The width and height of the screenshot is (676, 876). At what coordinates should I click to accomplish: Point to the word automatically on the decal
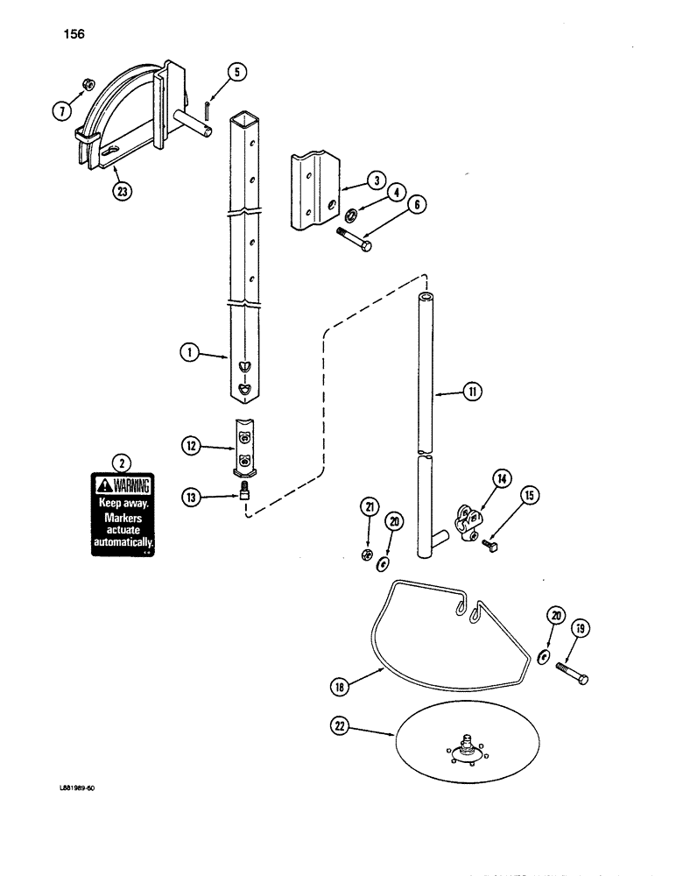coord(123,543)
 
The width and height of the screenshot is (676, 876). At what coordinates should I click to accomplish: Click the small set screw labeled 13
coord(245,495)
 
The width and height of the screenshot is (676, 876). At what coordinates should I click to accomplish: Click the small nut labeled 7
coord(89,84)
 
